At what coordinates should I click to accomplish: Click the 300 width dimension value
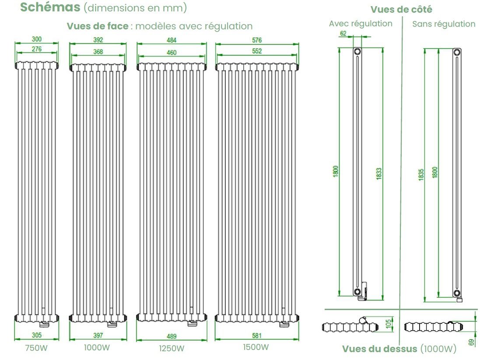[37, 39]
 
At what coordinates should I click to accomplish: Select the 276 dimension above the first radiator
[37, 49]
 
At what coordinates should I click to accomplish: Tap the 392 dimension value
[98, 40]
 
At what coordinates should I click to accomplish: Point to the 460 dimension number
[172, 53]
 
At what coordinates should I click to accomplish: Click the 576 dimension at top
[257, 40]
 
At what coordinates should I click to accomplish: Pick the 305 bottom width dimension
[37, 335]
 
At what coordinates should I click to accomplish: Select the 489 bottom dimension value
[172, 336]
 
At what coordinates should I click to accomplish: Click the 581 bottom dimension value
[257, 336]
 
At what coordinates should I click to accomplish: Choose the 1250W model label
[172, 349]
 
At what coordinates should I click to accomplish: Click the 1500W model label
[256, 347]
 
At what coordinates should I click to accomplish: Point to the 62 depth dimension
[343, 33]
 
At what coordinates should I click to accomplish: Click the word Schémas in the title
[50, 7]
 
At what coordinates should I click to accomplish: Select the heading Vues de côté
[401, 9]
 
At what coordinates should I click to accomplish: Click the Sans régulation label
[443, 24]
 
